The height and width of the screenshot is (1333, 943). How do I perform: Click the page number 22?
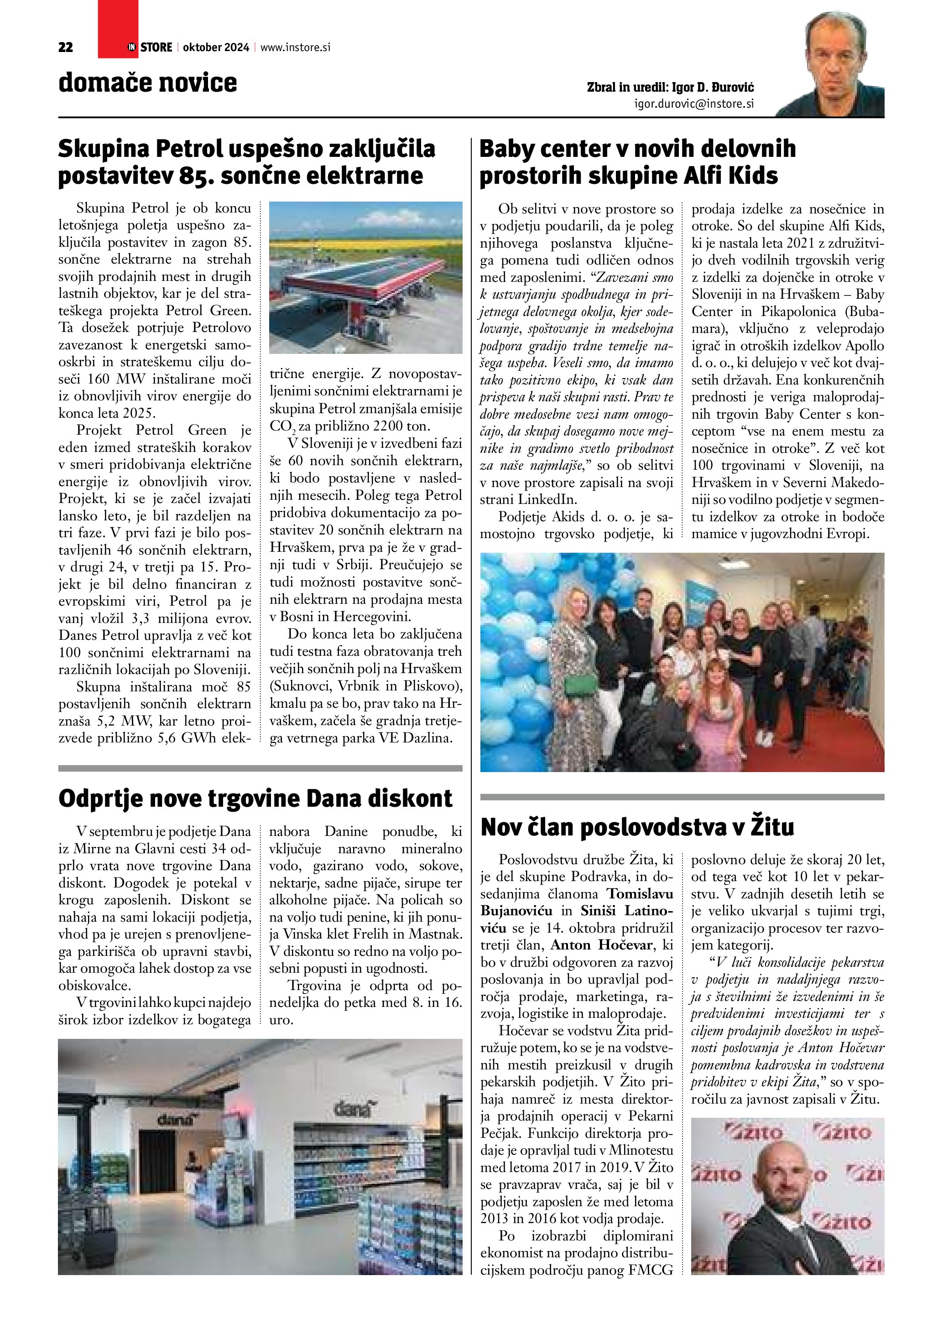point(66,47)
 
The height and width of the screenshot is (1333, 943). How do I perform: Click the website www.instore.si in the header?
point(295,47)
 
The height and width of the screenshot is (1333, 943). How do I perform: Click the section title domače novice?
point(147,83)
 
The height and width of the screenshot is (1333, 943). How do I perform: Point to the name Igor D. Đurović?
point(713,88)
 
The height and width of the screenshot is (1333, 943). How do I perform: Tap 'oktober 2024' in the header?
point(215,47)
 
